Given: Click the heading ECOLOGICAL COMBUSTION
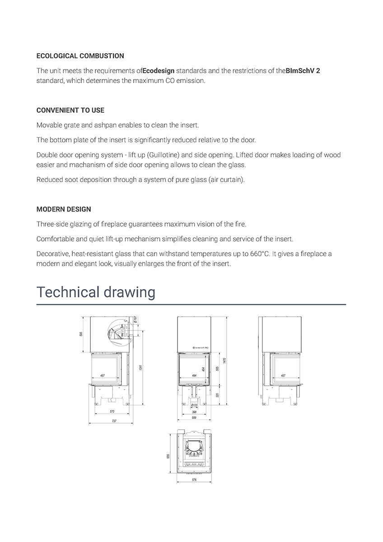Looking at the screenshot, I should (x=80, y=56).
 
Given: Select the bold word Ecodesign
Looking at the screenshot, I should (x=158, y=71).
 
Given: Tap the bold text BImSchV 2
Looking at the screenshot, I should (x=303, y=71).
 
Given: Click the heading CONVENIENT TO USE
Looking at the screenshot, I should (x=70, y=110).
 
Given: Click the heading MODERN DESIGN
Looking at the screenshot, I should (x=63, y=209).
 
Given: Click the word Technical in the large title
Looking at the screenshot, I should (x=66, y=292).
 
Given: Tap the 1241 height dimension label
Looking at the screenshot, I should (x=141, y=369).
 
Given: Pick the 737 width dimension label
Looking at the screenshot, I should (x=114, y=421).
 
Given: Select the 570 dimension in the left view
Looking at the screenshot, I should (x=112, y=411).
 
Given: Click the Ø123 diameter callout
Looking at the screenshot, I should (x=194, y=406).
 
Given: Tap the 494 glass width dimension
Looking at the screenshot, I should (x=194, y=375).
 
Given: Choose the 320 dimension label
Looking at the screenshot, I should (x=217, y=395).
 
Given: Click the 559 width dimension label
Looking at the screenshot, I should (x=194, y=417).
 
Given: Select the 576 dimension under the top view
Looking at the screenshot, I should (x=194, y=480).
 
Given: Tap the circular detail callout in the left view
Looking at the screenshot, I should (x=117, y=332).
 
